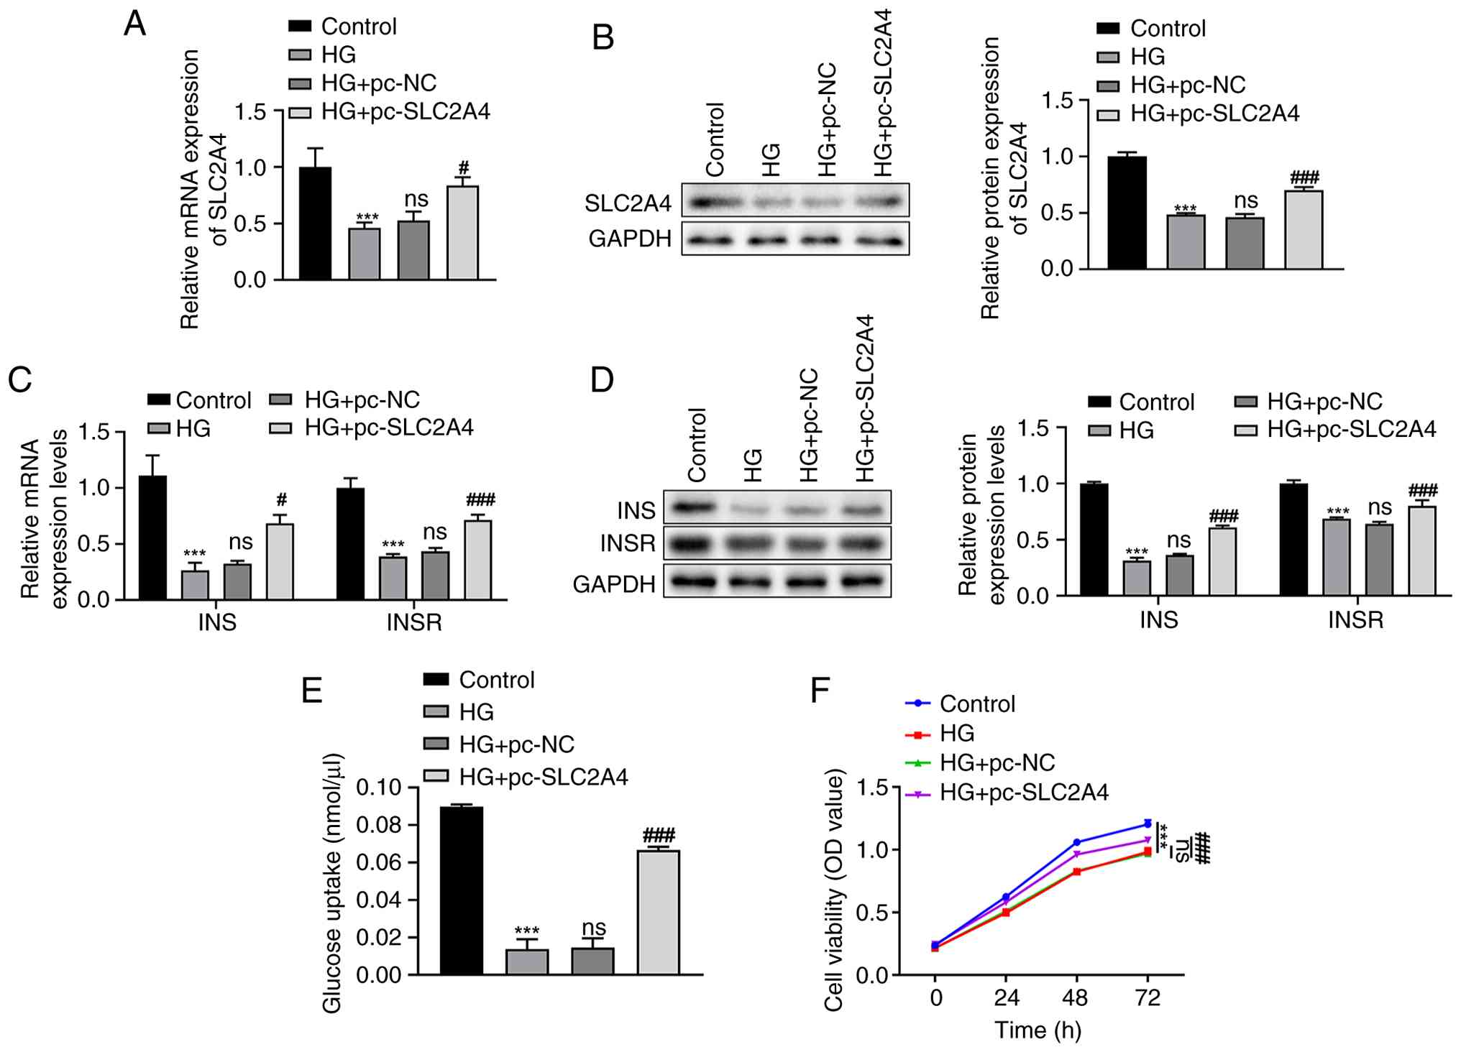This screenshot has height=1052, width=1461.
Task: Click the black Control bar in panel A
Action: click(316, 223)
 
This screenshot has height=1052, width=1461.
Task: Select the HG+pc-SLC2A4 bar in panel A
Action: click(463, 233)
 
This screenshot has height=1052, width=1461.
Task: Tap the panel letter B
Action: click(603, 37)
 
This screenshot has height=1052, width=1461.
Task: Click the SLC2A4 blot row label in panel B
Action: click(628, 203)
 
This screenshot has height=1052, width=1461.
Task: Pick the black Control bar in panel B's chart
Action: click(1127, 213)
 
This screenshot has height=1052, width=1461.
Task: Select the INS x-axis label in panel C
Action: click(217, 622)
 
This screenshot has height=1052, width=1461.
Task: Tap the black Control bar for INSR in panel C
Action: click(350, 544)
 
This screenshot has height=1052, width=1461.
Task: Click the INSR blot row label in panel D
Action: click(628, 544)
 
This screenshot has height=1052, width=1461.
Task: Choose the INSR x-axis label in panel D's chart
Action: click(1355, 619)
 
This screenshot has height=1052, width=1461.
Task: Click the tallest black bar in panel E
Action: click(462, 891)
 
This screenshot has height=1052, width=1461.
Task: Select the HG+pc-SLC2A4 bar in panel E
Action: click(659, 913)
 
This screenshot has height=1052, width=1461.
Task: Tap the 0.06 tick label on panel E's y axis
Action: click(379, 862)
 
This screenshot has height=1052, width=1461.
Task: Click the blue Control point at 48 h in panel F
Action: click(1076, 842)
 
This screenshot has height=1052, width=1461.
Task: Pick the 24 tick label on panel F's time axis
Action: click(1006, 998)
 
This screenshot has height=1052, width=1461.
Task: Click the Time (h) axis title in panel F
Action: click(1038, 1030)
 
